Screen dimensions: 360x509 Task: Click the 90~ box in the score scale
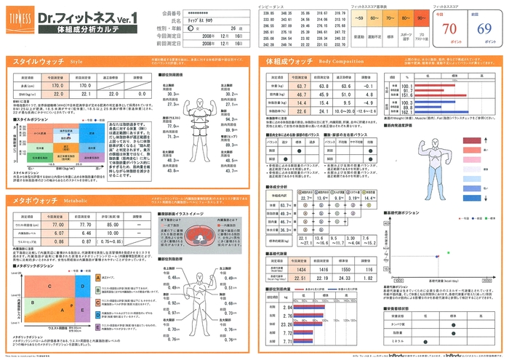point(420,17)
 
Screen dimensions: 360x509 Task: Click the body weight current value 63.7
point(301,86)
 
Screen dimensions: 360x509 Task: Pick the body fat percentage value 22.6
point(301,111)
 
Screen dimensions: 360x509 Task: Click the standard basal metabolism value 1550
point(345,269)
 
